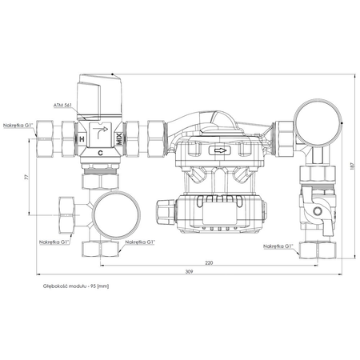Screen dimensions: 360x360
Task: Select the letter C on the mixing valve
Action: click(x=100, y=150)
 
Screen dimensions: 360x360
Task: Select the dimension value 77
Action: click(x=26, y=177)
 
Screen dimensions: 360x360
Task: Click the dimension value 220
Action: click(x=208, y=262)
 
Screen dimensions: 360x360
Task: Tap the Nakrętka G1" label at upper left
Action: click(x=17, y=124)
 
